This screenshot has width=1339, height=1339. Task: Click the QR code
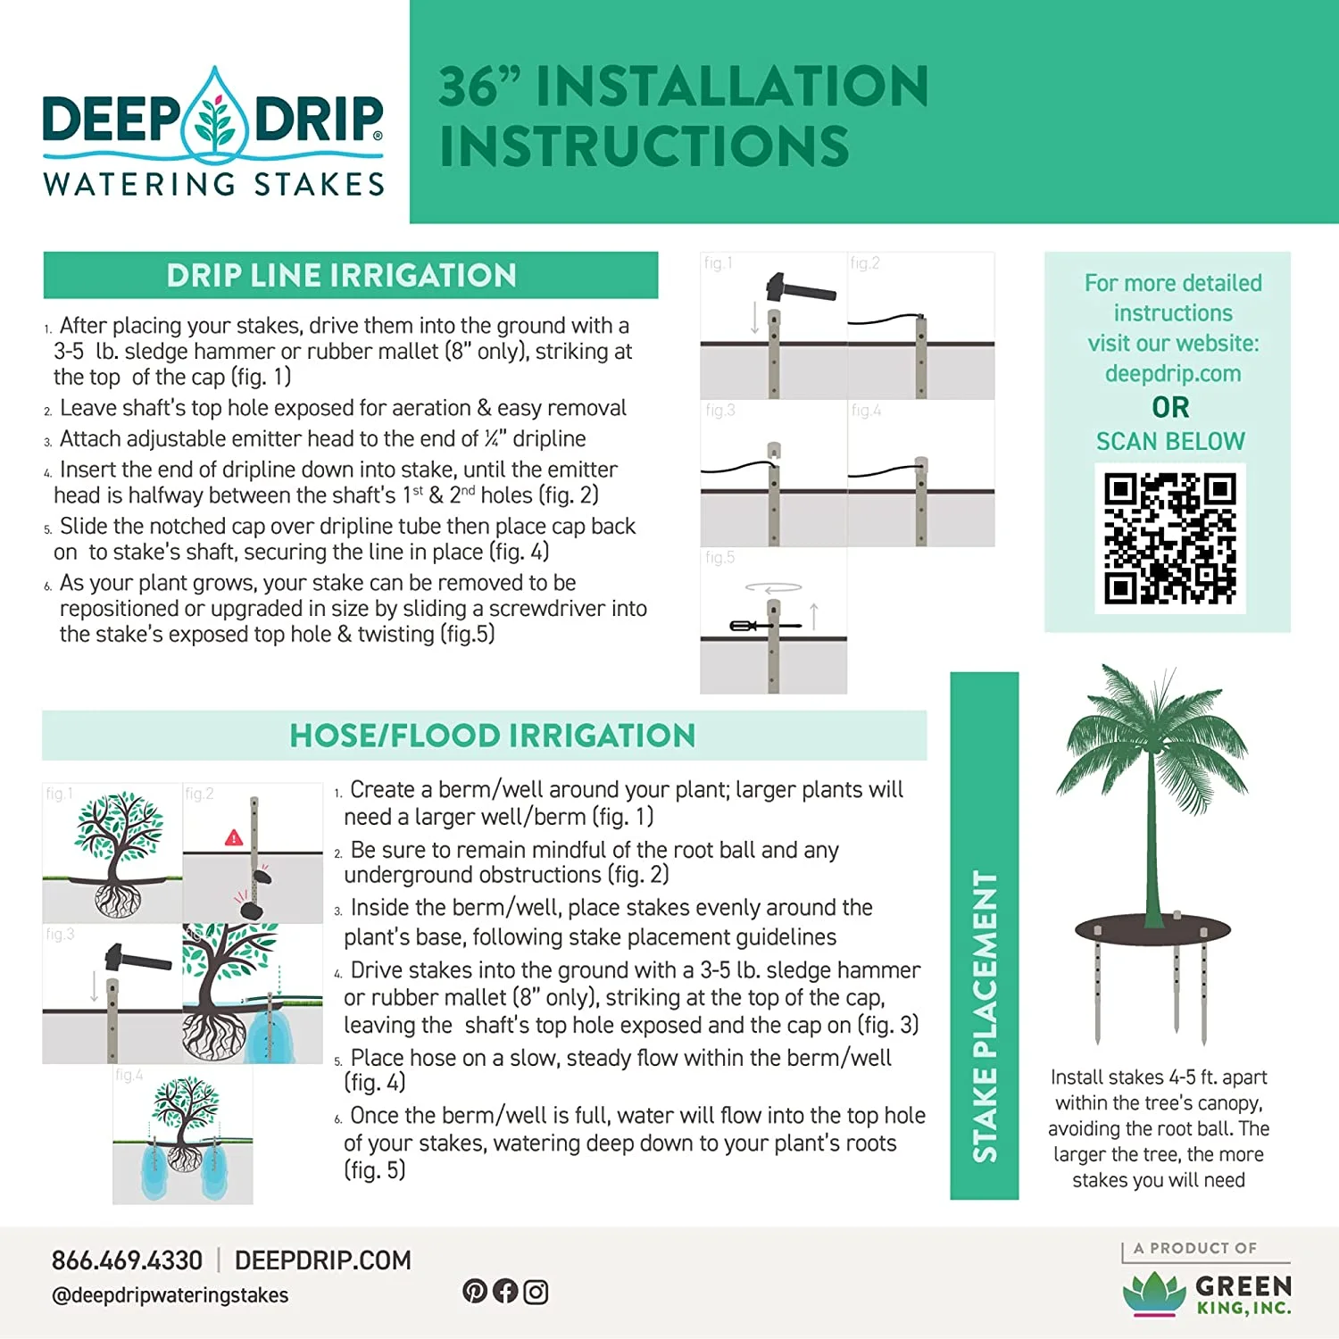1169,538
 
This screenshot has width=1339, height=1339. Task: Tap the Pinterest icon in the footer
475,1291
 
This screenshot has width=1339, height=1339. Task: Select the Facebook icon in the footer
505,1291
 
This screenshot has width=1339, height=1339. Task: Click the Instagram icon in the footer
536,1292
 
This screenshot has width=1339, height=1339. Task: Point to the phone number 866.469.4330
127,1260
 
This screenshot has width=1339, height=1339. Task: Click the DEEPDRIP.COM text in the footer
322,1260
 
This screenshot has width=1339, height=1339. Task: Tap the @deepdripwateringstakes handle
170,1295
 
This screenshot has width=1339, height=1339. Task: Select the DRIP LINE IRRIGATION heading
342,275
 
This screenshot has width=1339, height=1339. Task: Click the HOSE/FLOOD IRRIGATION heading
492,736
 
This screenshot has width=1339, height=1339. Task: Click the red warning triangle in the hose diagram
234,837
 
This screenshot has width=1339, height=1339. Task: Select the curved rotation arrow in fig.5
773,587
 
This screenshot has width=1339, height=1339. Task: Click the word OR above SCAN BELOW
1170,407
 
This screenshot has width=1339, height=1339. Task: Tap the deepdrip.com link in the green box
1172,373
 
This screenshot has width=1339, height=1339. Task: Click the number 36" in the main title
479,87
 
